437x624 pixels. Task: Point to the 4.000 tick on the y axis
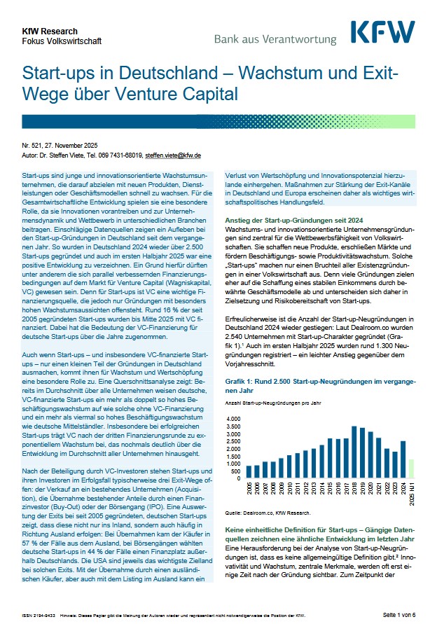[233, 418]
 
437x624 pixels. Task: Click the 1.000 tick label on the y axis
[233, 463]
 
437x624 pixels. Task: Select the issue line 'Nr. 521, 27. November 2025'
[61, 146]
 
